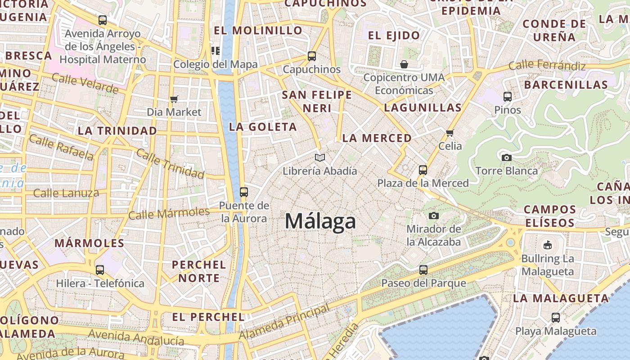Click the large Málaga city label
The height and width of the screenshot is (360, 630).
pos(320,221)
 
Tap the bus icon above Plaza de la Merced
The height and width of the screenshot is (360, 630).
pos(423,170)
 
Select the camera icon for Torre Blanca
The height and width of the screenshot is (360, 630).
pos(506,157)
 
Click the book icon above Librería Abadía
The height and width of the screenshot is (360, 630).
pos(320,157)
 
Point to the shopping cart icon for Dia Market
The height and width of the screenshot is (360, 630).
pos(174,99)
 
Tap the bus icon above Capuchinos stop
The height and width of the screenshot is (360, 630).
pos(311,56)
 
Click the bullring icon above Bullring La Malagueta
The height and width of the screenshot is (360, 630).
pos(547,245)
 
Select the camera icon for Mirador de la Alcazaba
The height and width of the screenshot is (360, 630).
pos(433,216)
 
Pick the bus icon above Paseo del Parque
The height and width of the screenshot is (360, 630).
pos(423,270)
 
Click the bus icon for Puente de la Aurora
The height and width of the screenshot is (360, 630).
pos(244,192)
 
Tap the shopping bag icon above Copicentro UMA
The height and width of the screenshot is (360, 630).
pos(404,64)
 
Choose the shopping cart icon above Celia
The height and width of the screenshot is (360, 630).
pos(450,133)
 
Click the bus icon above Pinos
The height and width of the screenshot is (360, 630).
pos(507,96)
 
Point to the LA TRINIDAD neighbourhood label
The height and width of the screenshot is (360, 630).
pos(117,131)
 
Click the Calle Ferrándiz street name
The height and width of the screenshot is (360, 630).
pos(547,66)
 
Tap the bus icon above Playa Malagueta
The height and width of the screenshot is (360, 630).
pos(556,318)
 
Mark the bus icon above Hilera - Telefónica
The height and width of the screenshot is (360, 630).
pos(100,270)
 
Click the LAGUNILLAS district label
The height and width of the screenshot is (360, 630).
pos(423,108)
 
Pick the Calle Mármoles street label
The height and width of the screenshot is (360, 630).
pos(169,213)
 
